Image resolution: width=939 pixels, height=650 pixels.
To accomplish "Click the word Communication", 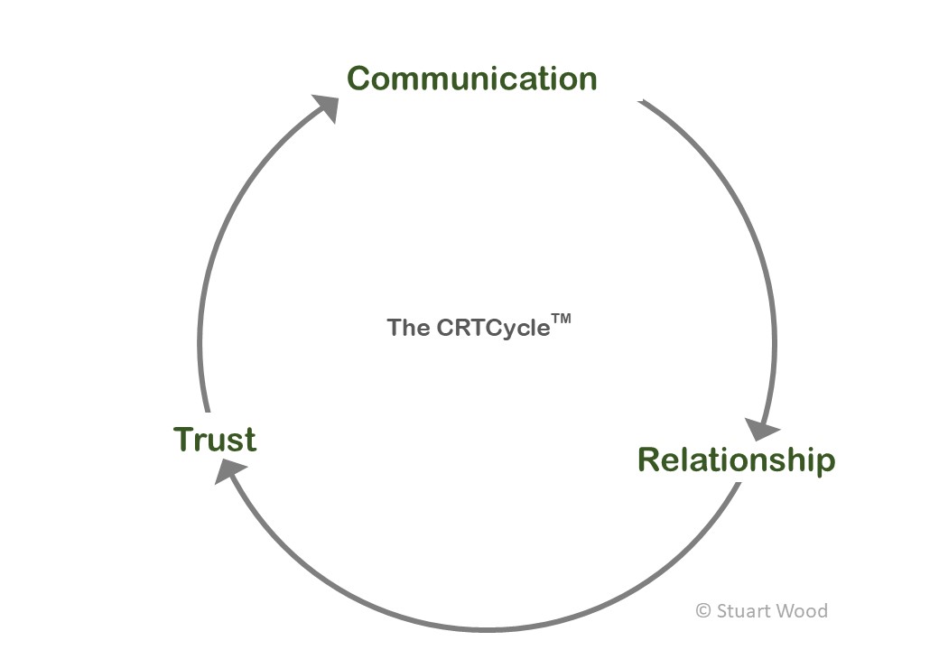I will tap(471, 79).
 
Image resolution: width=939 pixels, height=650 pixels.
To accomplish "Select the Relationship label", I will tap(736, 460).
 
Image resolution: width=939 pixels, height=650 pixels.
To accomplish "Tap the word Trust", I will tap(215, 440).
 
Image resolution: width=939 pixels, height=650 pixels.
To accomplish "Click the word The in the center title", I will tap(408, 328).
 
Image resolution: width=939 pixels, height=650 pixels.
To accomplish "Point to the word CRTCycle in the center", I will tap(493, 328).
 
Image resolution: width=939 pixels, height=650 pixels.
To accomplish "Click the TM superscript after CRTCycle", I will tap(562, 318).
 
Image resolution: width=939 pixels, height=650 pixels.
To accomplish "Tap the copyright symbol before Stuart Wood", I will tap(703, 611).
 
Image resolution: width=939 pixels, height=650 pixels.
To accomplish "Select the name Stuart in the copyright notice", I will tap(747, 611).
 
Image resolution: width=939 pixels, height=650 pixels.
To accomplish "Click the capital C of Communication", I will tap(360, 79).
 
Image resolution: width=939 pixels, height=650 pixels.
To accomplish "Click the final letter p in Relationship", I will tap(824, 463).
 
